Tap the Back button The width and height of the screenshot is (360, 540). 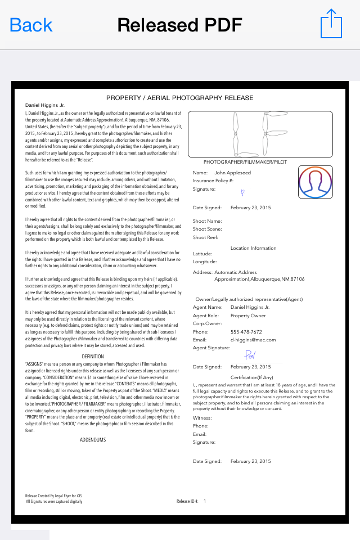[31, 25]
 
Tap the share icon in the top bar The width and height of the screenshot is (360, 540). [331, 24]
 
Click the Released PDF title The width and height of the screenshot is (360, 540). [179, 25]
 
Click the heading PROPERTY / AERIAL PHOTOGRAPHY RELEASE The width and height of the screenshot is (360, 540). [180, 98]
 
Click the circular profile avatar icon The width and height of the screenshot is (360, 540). [316, 182]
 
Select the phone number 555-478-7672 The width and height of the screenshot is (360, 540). [246, 332]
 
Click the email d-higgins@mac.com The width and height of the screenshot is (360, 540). [253, 340]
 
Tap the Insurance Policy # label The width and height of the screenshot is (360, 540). [213, 181]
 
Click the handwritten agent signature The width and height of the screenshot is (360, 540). [250, 355]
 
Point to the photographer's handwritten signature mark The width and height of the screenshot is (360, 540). [242, 192]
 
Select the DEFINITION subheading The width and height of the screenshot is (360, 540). [93, 357]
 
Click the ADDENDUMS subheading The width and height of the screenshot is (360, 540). [93, 440]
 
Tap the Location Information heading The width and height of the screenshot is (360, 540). [253, 248]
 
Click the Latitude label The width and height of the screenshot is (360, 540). [202, 254]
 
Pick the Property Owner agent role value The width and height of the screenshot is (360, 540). [248, 316]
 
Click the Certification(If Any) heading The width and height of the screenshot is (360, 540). [251, 377]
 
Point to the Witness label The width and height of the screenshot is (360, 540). [202, 418]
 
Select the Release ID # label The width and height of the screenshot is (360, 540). [187, 501]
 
